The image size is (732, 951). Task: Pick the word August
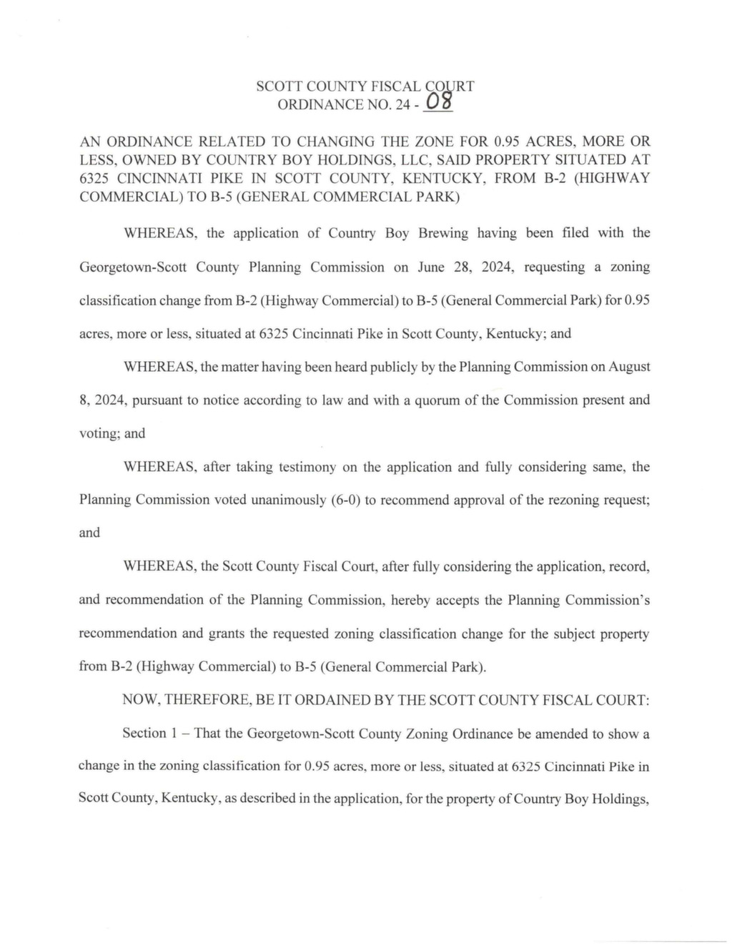click(x=629, y=367)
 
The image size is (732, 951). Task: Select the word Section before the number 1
click(x=144, y=733)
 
